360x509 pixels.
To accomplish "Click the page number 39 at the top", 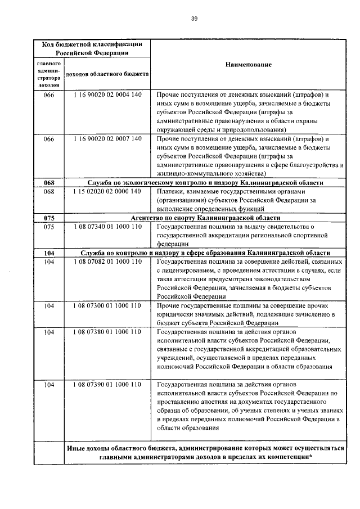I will point(193,19).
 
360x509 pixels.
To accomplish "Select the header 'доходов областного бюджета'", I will point(107,74).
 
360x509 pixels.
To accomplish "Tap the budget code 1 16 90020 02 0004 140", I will point(107,94).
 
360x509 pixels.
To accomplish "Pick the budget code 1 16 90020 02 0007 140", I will point(107,138).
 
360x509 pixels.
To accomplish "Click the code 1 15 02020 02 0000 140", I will point(107,191).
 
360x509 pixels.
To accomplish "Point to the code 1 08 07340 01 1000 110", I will point(107,227).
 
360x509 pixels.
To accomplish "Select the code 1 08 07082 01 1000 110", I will point(107,262).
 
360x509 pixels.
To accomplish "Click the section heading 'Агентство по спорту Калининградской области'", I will point(205,218).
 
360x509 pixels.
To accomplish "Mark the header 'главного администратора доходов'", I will point(48,74).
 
